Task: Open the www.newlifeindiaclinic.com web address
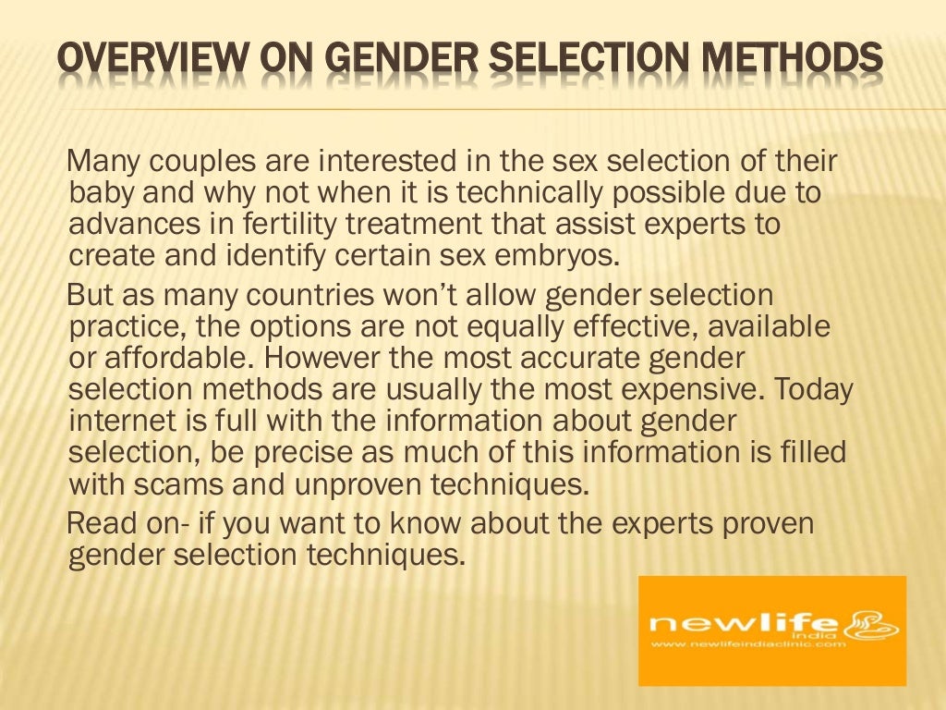[747, 643]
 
